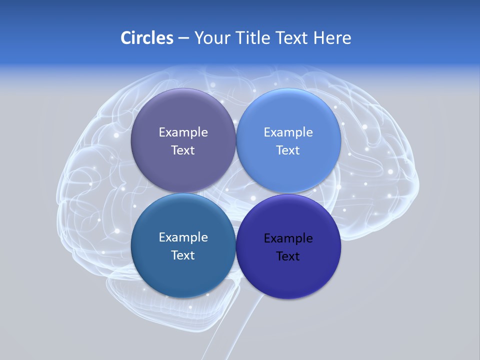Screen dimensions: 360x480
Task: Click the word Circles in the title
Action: (146, 38)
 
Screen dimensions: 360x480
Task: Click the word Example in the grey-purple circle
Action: (183, 132)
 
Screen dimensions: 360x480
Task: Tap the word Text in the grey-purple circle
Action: (183, 150)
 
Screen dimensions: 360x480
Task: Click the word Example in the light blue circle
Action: (288, 132)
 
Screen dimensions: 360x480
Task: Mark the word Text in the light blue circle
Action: (288, 150)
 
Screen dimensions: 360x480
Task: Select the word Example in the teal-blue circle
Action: (183, 237)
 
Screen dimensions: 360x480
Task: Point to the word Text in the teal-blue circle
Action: (183, 255)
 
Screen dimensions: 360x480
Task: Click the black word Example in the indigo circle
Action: (288, 238)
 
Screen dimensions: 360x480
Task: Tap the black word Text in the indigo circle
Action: (288, 256)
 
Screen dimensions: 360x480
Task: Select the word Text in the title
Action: (292, 38)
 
